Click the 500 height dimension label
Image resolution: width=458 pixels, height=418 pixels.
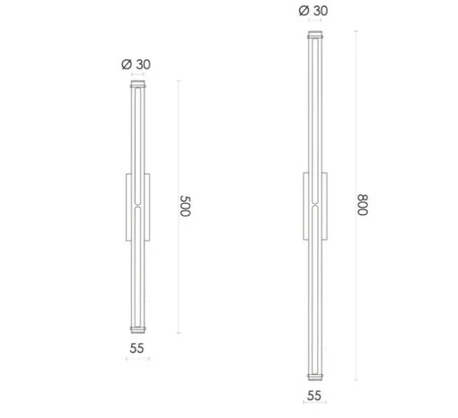pos(185,206)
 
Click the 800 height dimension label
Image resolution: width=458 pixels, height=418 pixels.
pos(363,205)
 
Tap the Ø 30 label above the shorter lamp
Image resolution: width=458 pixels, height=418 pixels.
pos(136,65)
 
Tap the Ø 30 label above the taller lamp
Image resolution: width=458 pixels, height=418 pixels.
pos(313,11)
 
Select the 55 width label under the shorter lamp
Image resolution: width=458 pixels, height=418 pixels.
pos(137,348)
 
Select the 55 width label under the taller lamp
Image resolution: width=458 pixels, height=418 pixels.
pos(314,396)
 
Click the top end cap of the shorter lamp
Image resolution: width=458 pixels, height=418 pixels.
pos(138,84)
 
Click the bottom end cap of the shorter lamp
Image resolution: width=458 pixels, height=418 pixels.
pos(138,330)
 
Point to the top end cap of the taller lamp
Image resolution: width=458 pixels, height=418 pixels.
pos(315,35)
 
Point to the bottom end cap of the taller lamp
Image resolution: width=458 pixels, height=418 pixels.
pos(315,377)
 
